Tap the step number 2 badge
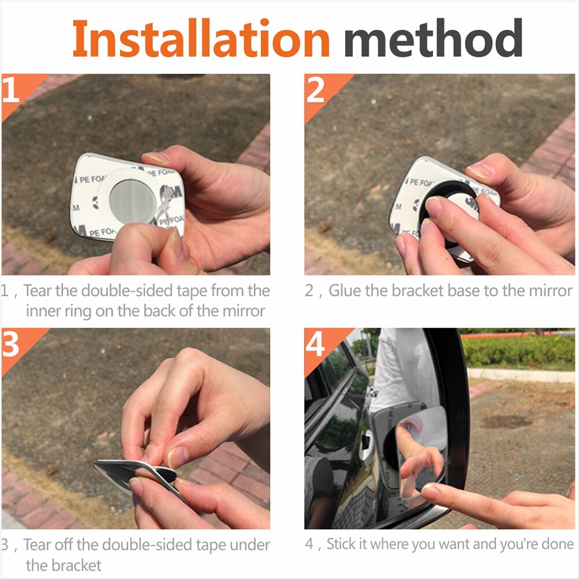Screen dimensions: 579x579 pyautogui.click(x=316, y=91)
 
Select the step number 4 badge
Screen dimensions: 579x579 pyautogui.click(x=316, y=346)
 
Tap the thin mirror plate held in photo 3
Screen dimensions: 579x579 pyautogui.click(x=133, y=472)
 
